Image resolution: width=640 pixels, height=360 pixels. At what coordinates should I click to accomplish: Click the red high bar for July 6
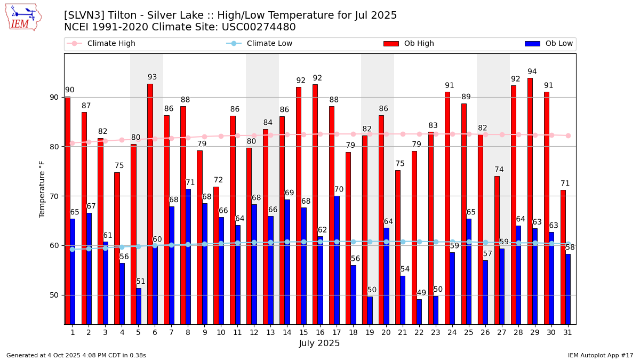coord(150,203)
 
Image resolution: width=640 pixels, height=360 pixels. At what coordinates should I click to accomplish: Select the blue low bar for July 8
coord(188,256)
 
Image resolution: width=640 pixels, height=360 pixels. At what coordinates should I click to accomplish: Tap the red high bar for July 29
coord(530,200)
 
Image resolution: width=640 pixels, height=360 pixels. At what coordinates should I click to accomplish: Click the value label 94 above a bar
coord(532,71)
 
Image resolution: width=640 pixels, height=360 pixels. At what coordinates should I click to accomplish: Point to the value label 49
coord(421,293)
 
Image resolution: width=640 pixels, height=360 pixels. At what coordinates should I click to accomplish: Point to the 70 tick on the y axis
coord(54,196)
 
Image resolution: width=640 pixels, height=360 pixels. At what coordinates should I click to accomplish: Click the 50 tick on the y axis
coord(54,295)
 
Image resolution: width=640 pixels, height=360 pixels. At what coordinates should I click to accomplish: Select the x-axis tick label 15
coord(303,333)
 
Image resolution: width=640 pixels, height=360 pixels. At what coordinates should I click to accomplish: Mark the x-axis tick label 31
coord(567,333)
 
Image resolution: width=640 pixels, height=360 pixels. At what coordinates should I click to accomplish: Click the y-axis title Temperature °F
coord(43,189)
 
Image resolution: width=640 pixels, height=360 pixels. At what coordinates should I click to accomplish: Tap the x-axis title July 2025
coord(319,343)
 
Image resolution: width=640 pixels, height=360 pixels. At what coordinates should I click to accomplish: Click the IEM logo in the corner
coord(23,17)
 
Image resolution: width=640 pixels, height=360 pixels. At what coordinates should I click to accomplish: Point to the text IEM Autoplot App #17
coord(600,355)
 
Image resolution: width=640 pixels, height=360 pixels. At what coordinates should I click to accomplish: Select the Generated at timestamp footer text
coord(76,355)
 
